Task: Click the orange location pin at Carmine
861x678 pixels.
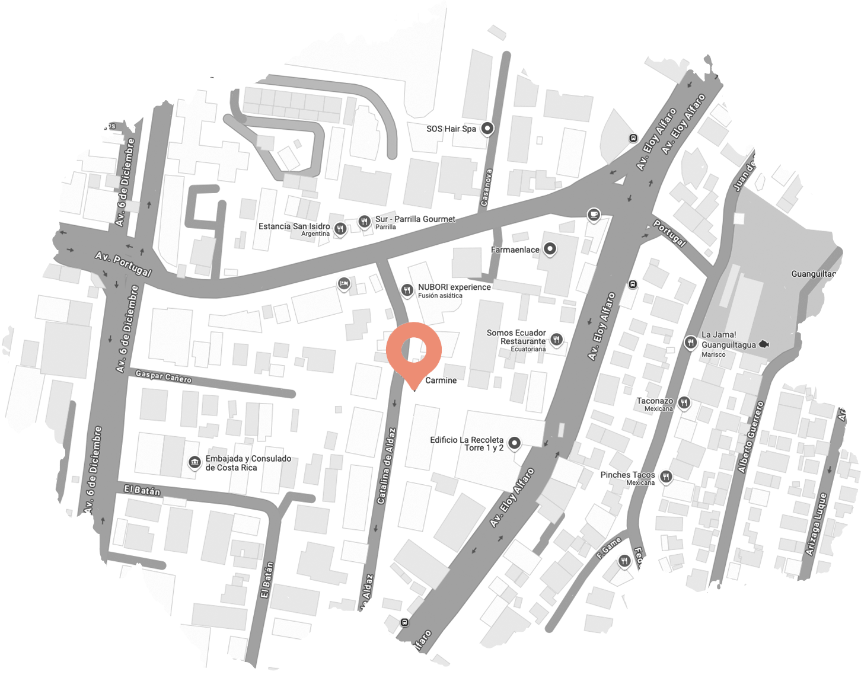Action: [413, 350]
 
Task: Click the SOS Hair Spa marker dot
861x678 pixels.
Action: [487, 128]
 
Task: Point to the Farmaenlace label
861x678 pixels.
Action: [515, 250]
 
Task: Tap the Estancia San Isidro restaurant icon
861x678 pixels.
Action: [340, 228]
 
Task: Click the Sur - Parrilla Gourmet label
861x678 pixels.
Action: [415, 219]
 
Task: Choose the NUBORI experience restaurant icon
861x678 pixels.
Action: [407, 290]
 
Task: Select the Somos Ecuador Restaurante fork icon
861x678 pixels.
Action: [556, 340]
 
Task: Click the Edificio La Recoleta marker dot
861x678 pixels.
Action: [515, 443]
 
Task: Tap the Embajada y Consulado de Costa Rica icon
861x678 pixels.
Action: [194, 462]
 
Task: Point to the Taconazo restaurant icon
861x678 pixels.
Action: [684, 403]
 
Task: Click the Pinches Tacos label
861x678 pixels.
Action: [627, 475]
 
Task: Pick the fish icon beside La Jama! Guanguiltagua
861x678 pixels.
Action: [764, 344]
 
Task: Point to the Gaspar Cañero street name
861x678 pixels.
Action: [163, 376]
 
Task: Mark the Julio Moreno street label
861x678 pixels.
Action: [211, 73]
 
